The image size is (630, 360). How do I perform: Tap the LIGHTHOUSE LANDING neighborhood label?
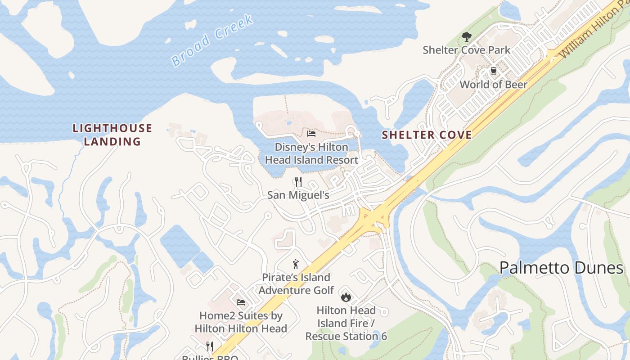click(x=112, y=135)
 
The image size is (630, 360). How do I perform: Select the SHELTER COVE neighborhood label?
click(x=427, y=135)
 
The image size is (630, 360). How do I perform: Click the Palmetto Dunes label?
click(x=561, y=268)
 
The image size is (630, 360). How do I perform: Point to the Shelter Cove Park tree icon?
click(x=466, y=37)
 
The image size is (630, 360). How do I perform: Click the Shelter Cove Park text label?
click(x=466, y=50)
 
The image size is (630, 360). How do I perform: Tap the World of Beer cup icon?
click(x=493, y=72)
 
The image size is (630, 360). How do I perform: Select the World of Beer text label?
click(x=493, y=85)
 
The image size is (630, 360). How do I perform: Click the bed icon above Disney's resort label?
click(x=311, y=134)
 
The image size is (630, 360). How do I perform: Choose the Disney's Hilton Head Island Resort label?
click(x=311, y=153)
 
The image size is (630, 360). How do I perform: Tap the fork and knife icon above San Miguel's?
click(x=298, y=182)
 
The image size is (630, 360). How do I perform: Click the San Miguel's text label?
click(x=298, y=195)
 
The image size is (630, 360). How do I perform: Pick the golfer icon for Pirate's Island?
click(x=296, y=264)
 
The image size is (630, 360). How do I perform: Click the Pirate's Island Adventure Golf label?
click(x=296, y=283)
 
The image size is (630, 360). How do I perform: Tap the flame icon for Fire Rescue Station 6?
click(x=346, y=297)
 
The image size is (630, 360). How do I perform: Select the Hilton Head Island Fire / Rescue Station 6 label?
click(x=346, y=323)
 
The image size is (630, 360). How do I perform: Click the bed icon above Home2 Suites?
click(x=241, y=302)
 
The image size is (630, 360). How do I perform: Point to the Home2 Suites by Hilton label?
click(x=241, y=322)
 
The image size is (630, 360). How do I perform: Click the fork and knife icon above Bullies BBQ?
click(x=209, y=346)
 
